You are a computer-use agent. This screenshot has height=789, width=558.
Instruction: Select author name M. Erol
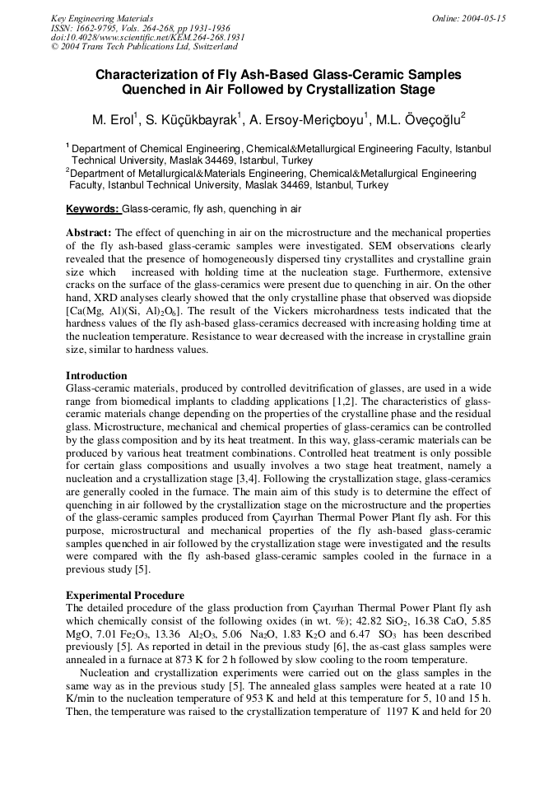113,120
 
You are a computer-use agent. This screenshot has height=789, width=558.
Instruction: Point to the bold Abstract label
88,233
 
